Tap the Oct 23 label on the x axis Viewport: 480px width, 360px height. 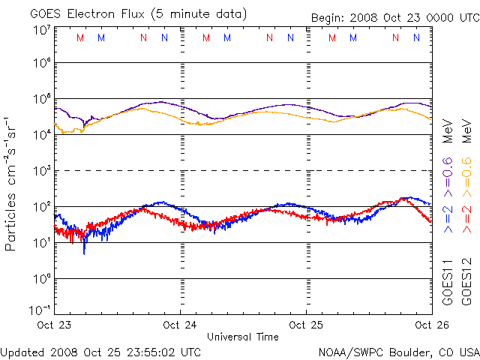point(54,325)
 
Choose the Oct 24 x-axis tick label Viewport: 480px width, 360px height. point(180,325)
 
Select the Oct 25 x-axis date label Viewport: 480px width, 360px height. point(306,325)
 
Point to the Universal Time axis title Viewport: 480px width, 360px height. point(243,337)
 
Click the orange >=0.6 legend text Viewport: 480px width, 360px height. point(466,172)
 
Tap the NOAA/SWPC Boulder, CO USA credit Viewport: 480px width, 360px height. point(398,351)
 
